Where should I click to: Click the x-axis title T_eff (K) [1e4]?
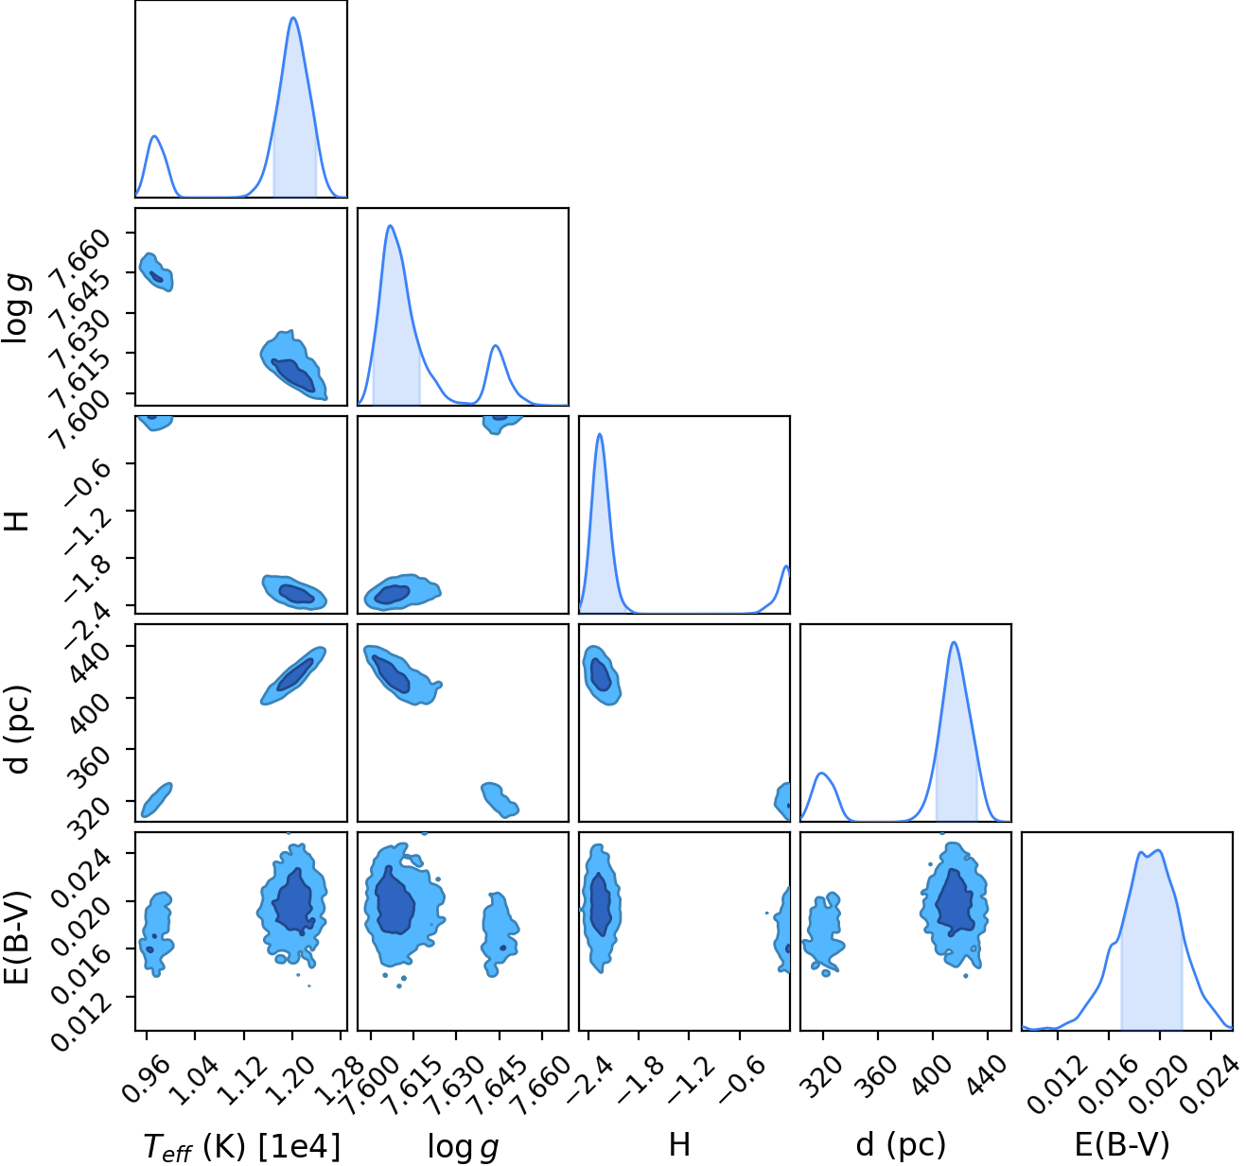pos(241,1146)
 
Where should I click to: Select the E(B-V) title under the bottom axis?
pos(1122,1144)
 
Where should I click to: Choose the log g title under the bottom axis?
pos(463,1147)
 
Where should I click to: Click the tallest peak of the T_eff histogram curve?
pos(293,18)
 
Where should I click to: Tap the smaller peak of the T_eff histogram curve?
pos(154,136)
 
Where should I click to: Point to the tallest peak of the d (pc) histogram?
pos(955,642)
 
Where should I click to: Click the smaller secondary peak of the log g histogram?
pos(496,345)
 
